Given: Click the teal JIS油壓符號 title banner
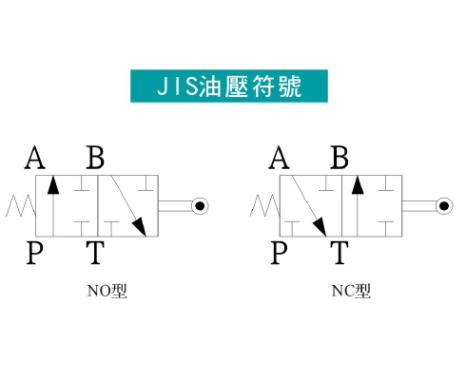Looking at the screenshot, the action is pos(229,86).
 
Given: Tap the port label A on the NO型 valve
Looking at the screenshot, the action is pos(35,158).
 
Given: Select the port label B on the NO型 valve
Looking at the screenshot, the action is pos(95,158).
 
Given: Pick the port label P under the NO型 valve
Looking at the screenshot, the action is pos(34,253).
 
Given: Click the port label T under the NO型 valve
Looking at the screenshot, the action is pos(95,253).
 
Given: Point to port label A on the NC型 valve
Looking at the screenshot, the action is pos(279,158).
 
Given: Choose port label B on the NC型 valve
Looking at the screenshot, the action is pos(340,158).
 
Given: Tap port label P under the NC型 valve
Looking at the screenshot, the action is pos(279,253).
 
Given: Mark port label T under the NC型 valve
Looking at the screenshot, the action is pos(340,253).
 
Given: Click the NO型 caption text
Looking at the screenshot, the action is pos(107,291).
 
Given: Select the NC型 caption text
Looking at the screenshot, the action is pos(351,291).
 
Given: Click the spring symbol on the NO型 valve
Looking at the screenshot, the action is pos(21,205).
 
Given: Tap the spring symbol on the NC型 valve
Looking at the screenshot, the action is pos(265,205).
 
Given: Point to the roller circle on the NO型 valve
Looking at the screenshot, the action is pos(200,206).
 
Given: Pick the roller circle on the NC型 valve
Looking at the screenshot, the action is pos(444,206).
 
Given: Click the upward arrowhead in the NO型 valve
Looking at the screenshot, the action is pos(53,185).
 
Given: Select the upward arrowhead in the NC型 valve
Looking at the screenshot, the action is pos(358,185).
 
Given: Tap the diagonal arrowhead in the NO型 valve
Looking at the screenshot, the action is pos(140,227).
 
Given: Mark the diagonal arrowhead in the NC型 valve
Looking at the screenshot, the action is pos(320,227).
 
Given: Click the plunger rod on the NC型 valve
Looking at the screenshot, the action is pos(419,206).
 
